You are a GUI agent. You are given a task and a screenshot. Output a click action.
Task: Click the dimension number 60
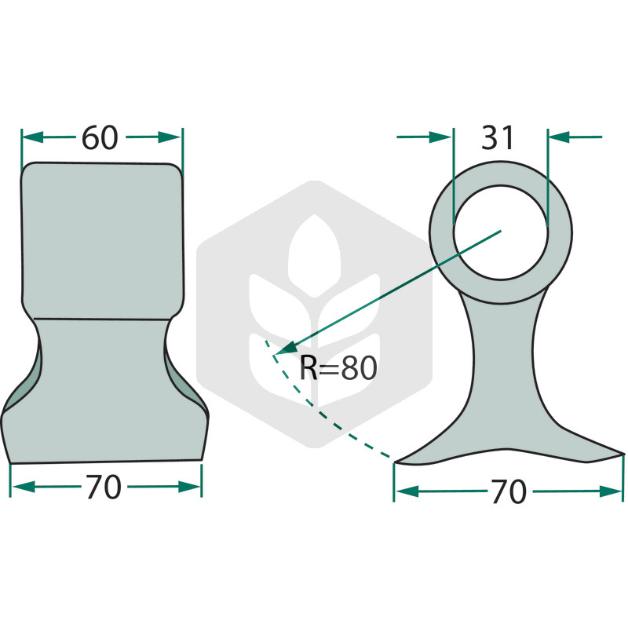(100, 137)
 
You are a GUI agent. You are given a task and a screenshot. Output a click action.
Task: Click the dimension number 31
(497, 137)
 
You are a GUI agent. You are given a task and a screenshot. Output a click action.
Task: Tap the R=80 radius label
(338, 368)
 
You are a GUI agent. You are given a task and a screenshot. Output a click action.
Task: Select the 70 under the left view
(104, 487)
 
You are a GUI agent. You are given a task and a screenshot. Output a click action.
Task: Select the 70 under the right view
(508, 492)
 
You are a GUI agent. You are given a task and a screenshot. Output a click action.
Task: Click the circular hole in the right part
(501, 232)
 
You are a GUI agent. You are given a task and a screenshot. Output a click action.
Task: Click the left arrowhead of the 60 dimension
(32, 137)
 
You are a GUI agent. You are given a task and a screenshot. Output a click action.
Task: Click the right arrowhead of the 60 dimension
(170, 137)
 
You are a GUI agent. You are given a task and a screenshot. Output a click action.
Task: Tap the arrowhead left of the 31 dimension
(440, 137)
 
